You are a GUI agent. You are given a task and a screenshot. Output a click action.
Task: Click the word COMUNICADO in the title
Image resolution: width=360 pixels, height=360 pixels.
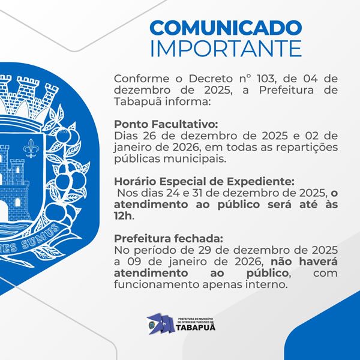(x=226, y=28)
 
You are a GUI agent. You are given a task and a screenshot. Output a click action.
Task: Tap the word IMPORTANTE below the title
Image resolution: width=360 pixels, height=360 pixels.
(x=226, y=48)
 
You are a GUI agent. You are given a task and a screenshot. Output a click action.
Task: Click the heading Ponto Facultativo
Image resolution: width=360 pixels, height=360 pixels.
(x=158, y=124)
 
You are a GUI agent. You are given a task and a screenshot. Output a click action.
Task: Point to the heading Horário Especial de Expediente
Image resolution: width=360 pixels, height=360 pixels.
(x=196, y=181)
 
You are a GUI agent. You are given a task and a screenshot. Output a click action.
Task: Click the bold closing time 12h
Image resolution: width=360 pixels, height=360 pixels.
(x=124, y=216)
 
